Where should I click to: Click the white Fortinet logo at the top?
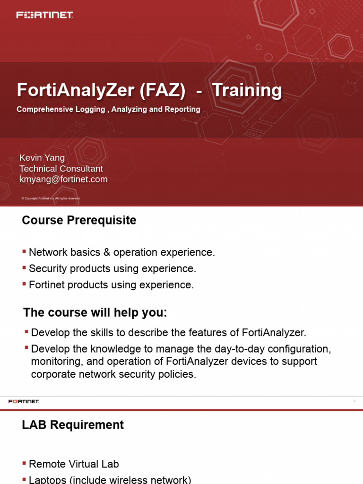45,15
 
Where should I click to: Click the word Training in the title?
247,90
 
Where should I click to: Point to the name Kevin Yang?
42,158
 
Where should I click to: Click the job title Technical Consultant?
61,169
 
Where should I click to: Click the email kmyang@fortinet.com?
63,180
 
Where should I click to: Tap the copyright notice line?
51,199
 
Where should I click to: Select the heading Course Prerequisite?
79,220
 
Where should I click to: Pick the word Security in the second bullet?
45,268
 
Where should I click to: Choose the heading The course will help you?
95,313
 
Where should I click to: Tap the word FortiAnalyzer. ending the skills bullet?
277,333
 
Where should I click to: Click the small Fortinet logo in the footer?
24,401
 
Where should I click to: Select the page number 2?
354,401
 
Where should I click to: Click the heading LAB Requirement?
73,425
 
